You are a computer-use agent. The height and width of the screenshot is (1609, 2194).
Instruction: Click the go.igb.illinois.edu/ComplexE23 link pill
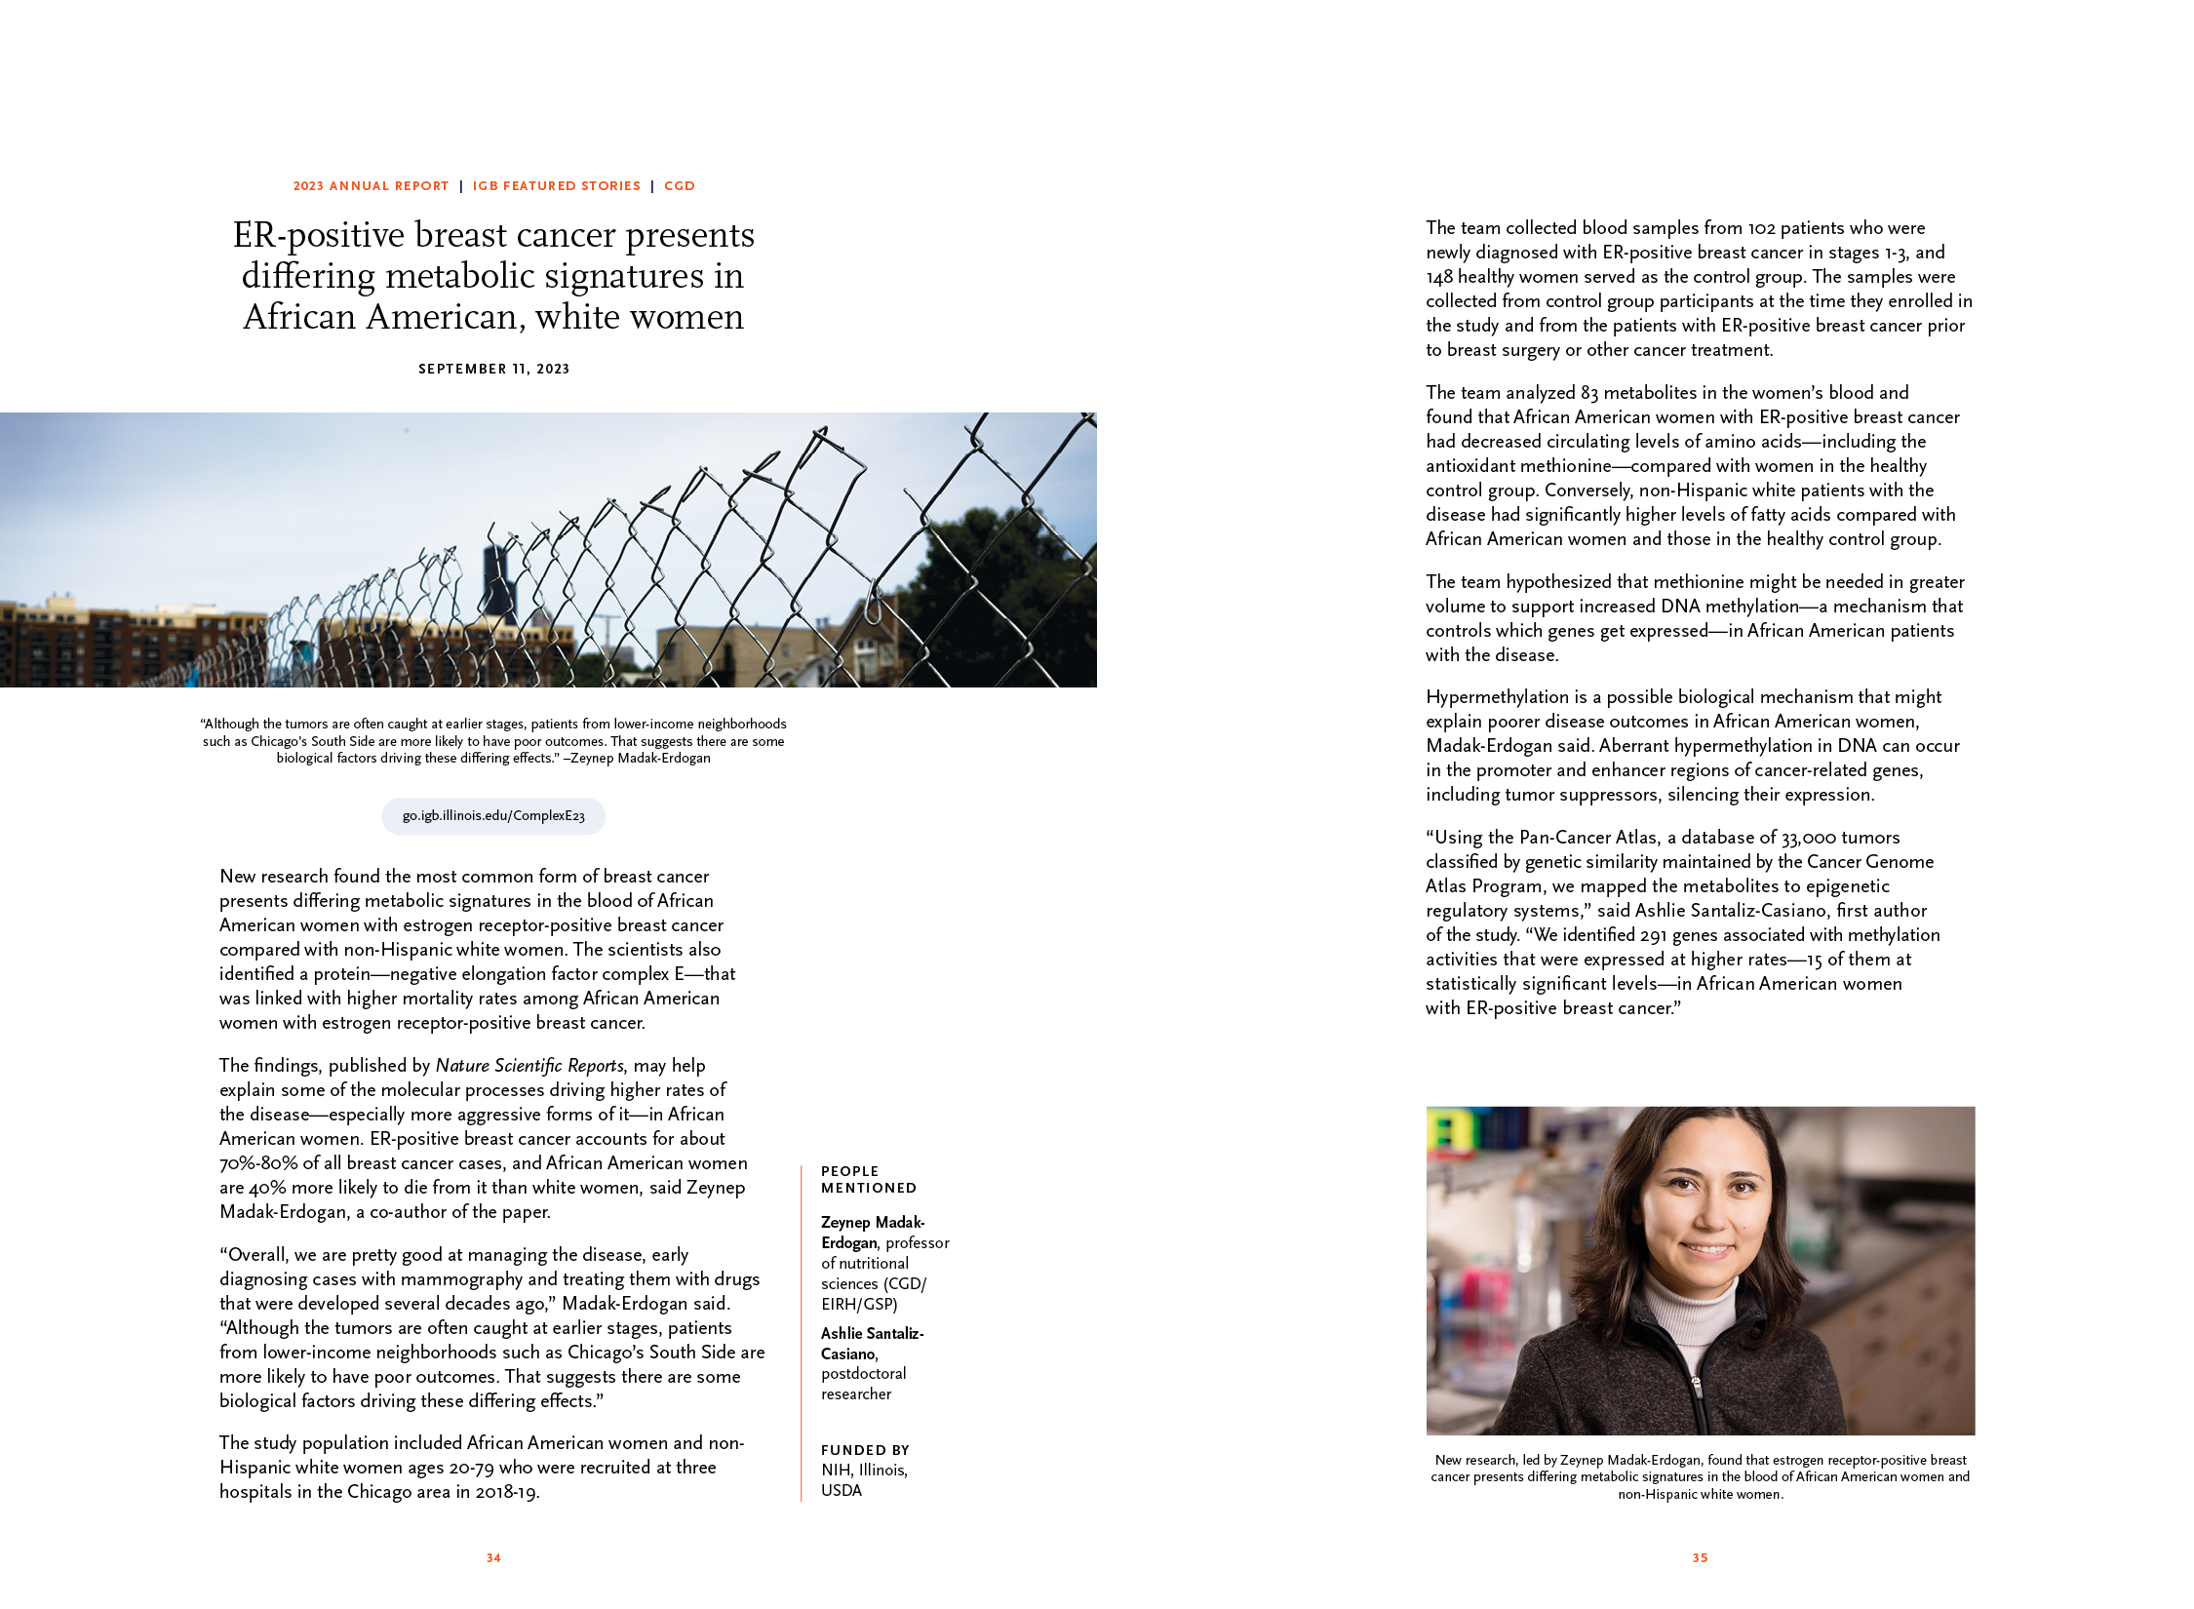[493, 816]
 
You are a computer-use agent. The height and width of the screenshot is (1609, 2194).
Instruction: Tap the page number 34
[493, 1558]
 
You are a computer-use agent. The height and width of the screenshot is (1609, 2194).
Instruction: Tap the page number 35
[1700, 1558]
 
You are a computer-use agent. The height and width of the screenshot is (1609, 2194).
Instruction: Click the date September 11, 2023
[493, 369]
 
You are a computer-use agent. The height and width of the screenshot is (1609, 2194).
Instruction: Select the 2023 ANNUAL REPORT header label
[371, 186]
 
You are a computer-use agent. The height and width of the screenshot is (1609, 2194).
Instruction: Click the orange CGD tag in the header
[680, 186]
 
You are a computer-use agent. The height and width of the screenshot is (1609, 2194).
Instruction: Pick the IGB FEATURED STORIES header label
[556, 186]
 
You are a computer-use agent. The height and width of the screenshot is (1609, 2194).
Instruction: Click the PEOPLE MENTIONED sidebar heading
[868, 1179]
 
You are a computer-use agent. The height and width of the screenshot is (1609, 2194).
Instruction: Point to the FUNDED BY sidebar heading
[865, 1450]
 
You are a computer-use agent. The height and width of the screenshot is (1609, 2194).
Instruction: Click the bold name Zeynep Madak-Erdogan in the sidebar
[872, 1233]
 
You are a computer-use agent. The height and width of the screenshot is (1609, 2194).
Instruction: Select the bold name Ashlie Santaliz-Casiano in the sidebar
[871, 1343]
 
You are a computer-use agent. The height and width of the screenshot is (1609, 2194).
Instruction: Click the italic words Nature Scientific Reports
[529, 1066]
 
